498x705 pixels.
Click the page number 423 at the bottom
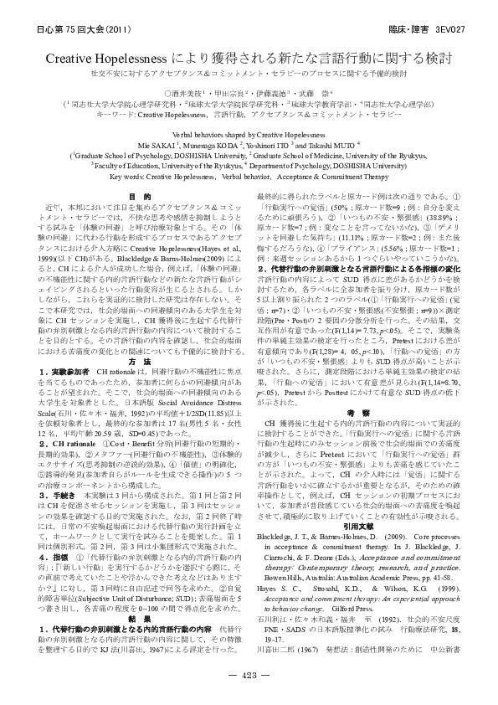pos(249,673)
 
